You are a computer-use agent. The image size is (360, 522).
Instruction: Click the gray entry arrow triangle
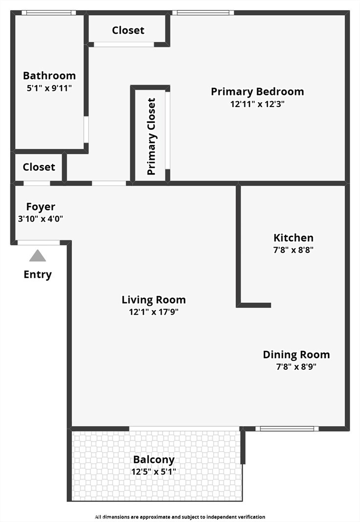click(x=38, y=256)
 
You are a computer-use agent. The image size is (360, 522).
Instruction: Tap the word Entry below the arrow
click(x=38, y=274)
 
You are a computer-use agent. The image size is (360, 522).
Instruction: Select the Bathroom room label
click(x=49, y=76)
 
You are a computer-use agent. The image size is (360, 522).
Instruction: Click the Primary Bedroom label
click(x=257, y=91)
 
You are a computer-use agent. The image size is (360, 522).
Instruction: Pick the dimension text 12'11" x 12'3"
click(x=257, y=104)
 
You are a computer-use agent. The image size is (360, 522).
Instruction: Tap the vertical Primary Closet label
click(x=152, y=136)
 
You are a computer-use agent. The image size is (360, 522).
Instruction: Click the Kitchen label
click(x=293, y=238)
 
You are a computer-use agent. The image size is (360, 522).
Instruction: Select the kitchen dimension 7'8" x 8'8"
click(x=293, y=250)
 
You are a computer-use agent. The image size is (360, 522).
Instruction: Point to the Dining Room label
click(x=296, y=355)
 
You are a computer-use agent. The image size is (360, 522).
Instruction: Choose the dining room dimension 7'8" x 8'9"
click(x=296, y=367)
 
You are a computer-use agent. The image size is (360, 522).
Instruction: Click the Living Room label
click(x=154, y=300)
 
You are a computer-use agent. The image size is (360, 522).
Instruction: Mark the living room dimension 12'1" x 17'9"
click(x=154, y=312)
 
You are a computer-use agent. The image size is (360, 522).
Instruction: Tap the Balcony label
click(x=154, y=460)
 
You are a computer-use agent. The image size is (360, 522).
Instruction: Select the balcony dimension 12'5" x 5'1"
click(x=154, y=472)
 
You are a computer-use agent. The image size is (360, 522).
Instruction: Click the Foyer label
click(x=41, y=207)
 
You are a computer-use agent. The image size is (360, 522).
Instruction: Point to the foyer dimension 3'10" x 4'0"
click(x=41, y=219)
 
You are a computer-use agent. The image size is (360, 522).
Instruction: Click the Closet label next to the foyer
click(x=39, y=167)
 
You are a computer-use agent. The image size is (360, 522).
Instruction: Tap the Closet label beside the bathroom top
click(x=128, y=30)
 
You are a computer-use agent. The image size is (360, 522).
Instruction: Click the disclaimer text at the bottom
click(x=180, y=517)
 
